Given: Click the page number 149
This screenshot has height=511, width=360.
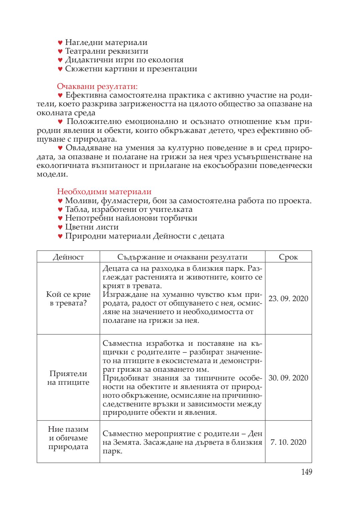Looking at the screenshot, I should click(x=306, y=472).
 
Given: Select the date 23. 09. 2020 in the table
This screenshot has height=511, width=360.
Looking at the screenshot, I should click(x=288, y=298).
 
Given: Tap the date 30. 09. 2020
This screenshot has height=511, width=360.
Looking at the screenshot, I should click(x=288, y=378).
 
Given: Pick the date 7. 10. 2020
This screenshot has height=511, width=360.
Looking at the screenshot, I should click(x=288, y=442).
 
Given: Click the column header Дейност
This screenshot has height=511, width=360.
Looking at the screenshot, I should click(x=68, y=257).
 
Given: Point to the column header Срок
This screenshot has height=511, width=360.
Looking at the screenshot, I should click(x=288, y=257).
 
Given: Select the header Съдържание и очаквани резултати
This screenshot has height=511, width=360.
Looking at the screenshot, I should click(x=182, y=257).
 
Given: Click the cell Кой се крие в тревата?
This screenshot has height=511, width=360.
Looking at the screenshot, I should click(x=68, y=298).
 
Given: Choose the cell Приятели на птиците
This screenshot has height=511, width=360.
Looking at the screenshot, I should click(x=68, y=378).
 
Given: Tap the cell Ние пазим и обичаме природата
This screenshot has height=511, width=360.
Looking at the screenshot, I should click(x=68, y=438).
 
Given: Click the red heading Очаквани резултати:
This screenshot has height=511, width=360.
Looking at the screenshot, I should click(x=97, y=86).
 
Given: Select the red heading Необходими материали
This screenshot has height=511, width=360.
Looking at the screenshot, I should click(x=104, y=192).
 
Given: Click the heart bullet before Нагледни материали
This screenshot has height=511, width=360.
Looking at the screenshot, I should click(x=60, y=43).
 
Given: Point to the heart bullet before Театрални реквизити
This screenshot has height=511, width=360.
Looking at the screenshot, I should click(x=60, y=51).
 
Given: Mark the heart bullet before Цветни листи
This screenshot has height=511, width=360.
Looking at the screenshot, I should click(x=60, y=227).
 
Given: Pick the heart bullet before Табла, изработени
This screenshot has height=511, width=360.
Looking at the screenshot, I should click(x=60, y=210).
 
